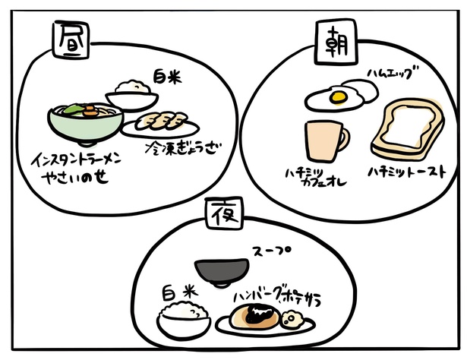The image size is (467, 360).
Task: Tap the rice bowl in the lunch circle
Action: pos(131,97)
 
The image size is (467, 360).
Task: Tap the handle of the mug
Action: pos(346,139)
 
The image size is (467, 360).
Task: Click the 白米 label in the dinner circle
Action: pos(180,291)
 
